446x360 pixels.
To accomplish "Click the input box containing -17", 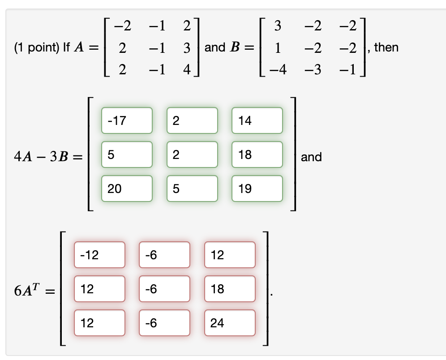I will pyautogui.click(x=127, y=120).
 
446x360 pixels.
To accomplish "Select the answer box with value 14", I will pyautogui.click(x=257, y=120).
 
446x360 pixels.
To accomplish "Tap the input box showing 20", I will pyautogui.click(x=127, y=189).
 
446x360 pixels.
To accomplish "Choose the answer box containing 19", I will pyautogui.click(x=257, y=189).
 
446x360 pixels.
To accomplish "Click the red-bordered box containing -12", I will pyautogui.click(x=99, y=255).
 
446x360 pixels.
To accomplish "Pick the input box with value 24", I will pyautogui.click(x=230, y=323).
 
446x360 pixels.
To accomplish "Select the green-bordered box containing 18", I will pyautogui.click(x=257, y=154).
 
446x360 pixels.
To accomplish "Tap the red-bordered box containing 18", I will pyautogui.click(x=230, y=289).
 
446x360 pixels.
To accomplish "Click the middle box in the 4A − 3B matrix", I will pyautogui.click(x=192, y=154).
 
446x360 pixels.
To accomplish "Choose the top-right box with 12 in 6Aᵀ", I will pyautogui.click(x=230, y=255).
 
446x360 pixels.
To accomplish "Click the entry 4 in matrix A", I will pyautogui.click(x=187, y=70).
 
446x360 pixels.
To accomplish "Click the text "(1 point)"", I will pyautogui.click(x=32, y=48).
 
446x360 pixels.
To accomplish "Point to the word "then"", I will pyautogui.click(x=386, y=47).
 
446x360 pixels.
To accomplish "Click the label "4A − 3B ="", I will pyautogui.click(x=48, y=157).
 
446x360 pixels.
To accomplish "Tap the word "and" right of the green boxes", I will pyautogui.click(x=311, y=157).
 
